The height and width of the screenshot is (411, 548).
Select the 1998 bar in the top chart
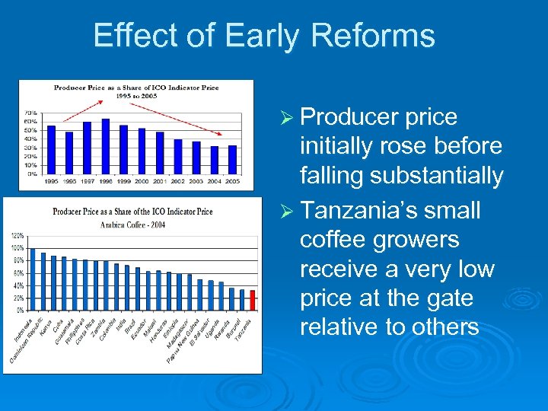[105, 146]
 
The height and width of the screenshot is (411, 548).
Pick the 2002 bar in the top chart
[177, 156]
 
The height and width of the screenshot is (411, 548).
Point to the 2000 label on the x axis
[142, 181]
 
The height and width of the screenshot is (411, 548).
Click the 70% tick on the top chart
[32, 113]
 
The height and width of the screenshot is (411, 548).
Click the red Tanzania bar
[252, 301]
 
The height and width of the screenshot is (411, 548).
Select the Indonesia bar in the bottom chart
[33, 279]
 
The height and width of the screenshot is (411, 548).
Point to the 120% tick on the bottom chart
[18, 237]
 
